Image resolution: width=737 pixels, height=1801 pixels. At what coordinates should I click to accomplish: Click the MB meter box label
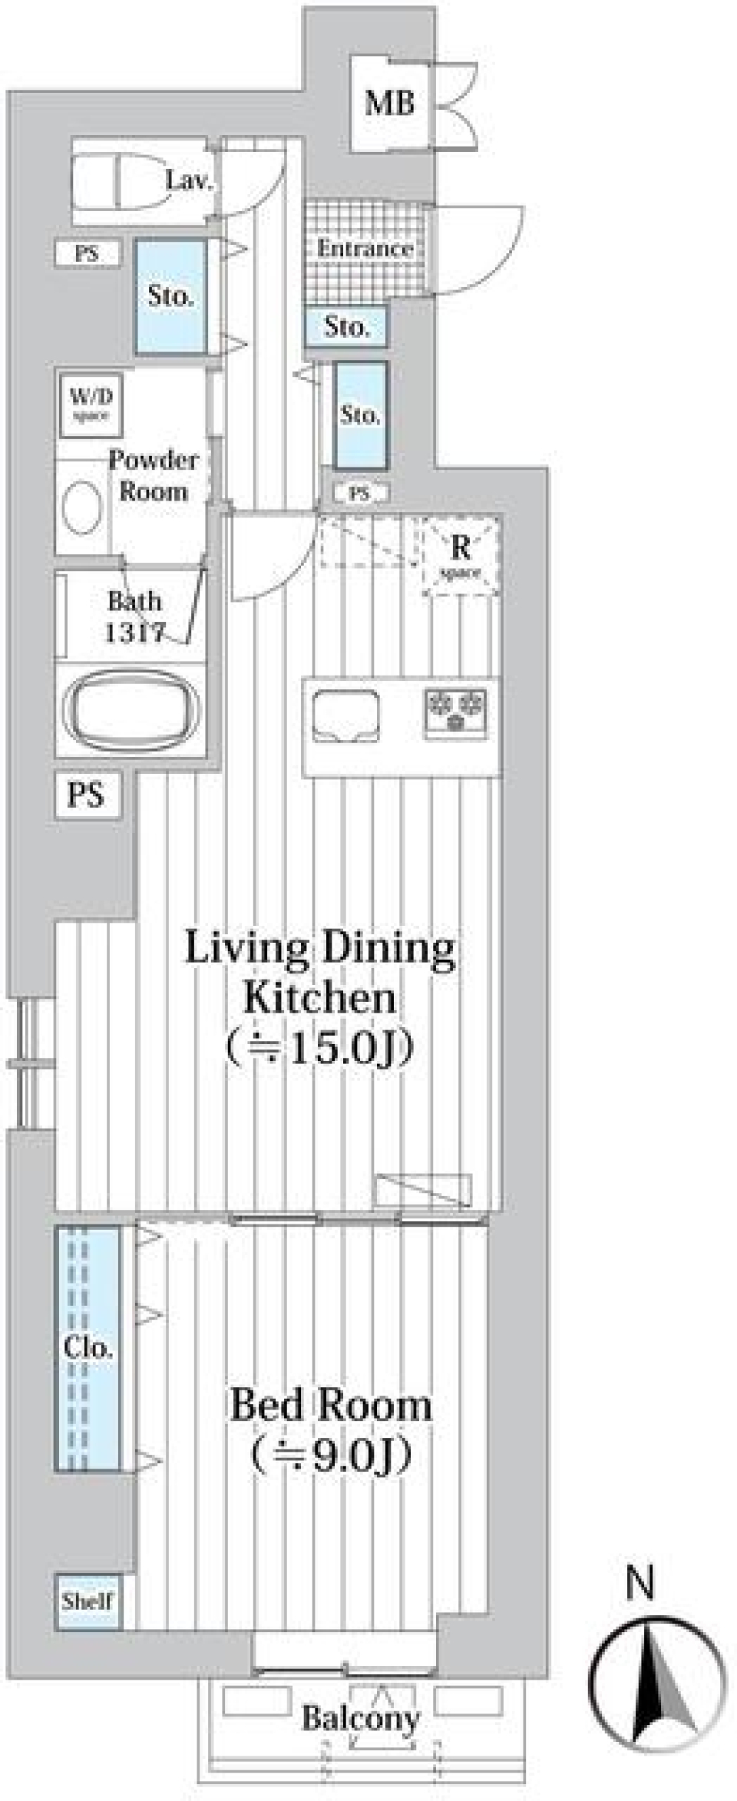tap(390, 103)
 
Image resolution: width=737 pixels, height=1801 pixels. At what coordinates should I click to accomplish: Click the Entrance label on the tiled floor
tap(365, 249)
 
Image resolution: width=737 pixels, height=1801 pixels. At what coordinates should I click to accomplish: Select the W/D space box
tap(91, 405)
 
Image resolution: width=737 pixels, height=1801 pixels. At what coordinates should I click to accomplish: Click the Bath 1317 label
tap(134, 616)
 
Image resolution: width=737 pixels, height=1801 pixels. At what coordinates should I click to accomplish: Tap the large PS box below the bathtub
tap(87, 795)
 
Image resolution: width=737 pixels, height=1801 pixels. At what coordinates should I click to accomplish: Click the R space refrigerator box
tap(461, 556)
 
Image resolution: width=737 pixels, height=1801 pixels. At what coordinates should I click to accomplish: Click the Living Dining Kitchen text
tap(320, 972)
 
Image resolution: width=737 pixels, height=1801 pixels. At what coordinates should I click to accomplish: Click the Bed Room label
tap(331, 1405)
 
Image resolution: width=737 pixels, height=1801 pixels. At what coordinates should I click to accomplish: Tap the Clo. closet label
tap(88, 1347)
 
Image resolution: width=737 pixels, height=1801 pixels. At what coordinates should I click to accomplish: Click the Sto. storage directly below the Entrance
tap(346, 327)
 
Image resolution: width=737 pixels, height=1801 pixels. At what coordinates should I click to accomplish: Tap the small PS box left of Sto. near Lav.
tap(87, 253)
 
